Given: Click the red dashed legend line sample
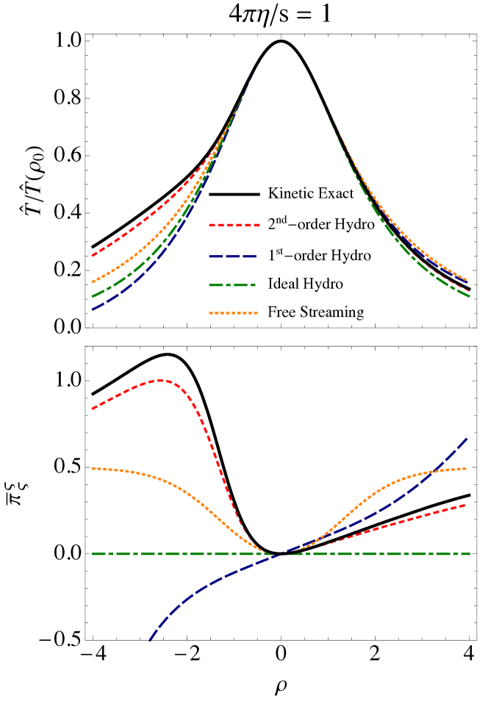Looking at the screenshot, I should [234, 225].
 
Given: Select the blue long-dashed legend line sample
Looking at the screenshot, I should [233, 256].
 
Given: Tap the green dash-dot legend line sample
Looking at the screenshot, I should [232, 284].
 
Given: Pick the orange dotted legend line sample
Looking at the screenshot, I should [233, 313].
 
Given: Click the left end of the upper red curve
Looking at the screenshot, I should [93, 256].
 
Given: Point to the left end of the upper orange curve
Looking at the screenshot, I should [93, 281].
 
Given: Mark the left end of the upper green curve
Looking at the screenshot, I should [93, 296].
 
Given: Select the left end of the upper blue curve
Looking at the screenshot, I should [93, 309].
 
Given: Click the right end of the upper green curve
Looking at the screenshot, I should [469, 296].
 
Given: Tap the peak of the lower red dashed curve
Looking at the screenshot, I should [161, 380].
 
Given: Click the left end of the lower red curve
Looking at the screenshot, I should [93, 409].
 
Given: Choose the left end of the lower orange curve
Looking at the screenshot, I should [93, 468].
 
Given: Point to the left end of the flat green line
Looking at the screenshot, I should [93, 553].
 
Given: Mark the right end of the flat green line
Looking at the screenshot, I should [469, 553].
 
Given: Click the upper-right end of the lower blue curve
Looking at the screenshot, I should [467, 438].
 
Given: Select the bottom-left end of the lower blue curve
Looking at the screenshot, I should [149, 641].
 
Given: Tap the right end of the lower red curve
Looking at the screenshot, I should [466, 505].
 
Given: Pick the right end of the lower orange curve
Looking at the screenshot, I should [466, 468].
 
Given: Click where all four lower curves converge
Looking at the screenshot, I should [280, 554].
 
